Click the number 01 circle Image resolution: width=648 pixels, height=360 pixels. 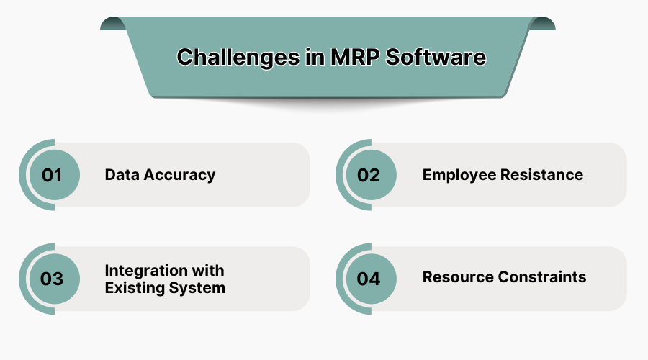pyautogui.click(x=52, y=175)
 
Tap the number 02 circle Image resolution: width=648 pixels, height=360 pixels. pyautogui.click(x=369, y=175)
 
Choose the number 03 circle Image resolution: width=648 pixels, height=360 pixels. pyautogui.click(x=52, y=279)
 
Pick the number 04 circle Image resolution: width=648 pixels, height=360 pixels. pyautogui.click(x=369, y=279)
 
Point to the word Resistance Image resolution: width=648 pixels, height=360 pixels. pyautogui.click(x=546, y=174)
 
